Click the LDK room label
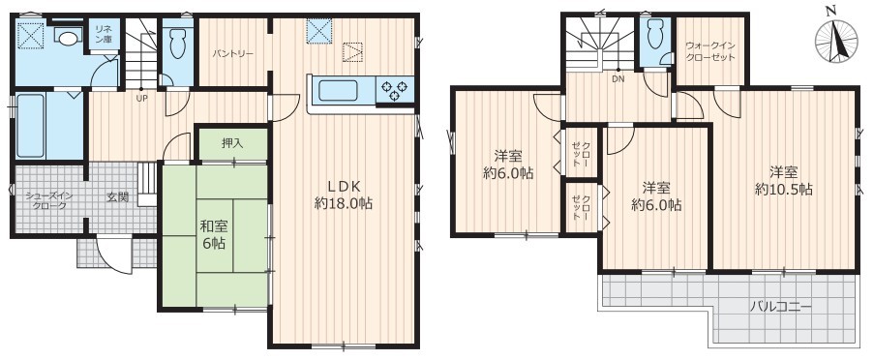(344, 195)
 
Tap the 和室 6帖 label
(214, 234)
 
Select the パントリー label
(233, 54)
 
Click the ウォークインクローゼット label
(710, 52)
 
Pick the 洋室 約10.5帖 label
(783, 181)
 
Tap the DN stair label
(618, 78)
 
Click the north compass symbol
(835, 40)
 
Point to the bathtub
(30, 126)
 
